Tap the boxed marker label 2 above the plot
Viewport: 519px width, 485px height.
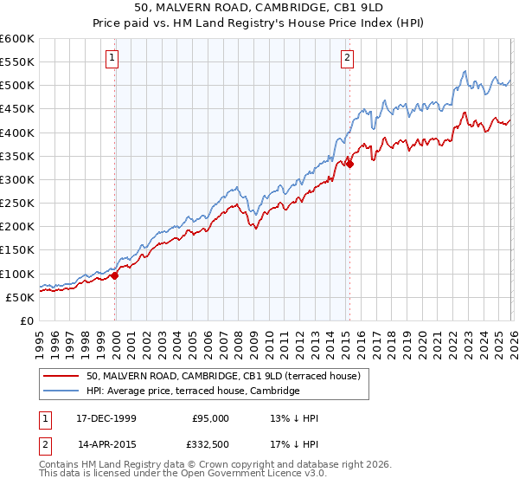pos(348,58)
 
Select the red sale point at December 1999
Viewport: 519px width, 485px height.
pos(115,275)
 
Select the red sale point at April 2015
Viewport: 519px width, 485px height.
pos(349,164)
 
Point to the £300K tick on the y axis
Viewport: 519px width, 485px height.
pos(17,180)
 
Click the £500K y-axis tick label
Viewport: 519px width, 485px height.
pos(17,86)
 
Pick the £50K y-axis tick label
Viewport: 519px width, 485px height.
pos(20,297)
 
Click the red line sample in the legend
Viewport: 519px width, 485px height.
pos(61,376)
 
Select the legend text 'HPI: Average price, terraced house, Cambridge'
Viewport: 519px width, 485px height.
pos(192,391)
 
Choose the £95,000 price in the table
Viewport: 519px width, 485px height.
pos(210,418)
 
